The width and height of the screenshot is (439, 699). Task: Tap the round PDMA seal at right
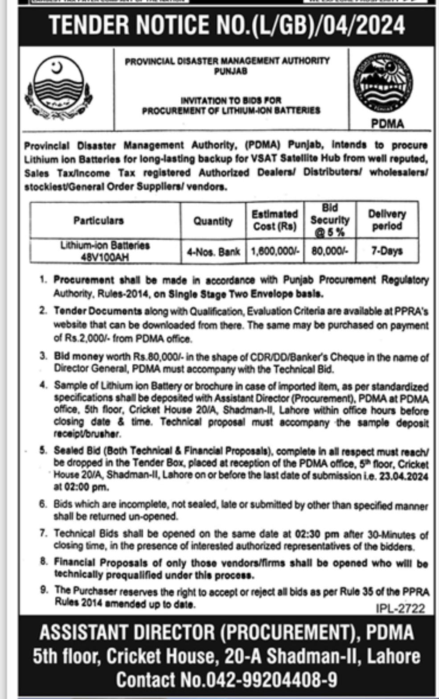(383, 83)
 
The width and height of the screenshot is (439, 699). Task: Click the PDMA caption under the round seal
(387, 123)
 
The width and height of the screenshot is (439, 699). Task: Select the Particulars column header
(98, 221)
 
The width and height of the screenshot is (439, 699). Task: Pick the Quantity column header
(213, 221)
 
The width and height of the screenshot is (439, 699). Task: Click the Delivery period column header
(387, 220)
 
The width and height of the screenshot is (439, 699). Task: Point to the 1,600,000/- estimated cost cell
(274, 251)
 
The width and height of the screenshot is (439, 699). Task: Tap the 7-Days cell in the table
(387, 251)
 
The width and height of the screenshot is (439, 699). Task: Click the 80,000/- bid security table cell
(329, 251)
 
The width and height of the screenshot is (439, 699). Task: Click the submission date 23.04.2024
(404, 476)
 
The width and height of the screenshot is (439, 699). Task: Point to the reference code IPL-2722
(400, 609)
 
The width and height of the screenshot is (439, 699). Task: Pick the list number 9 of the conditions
(44, 590)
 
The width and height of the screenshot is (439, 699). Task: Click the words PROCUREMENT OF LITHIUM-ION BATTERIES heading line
(231, 110)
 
